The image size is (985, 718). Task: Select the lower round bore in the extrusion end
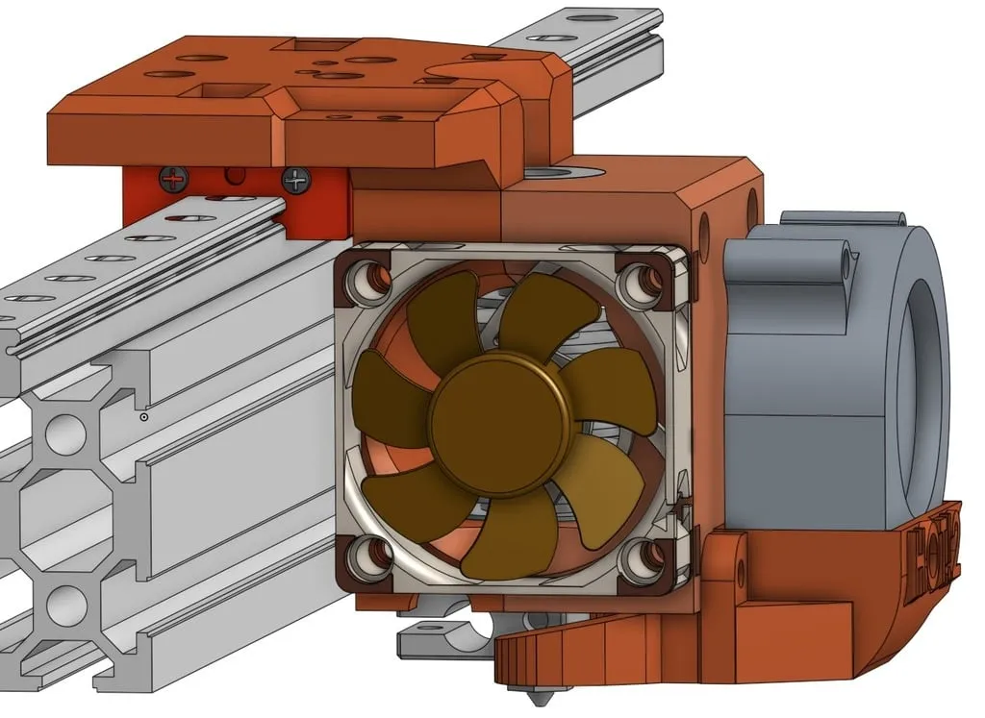[65, 606]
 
